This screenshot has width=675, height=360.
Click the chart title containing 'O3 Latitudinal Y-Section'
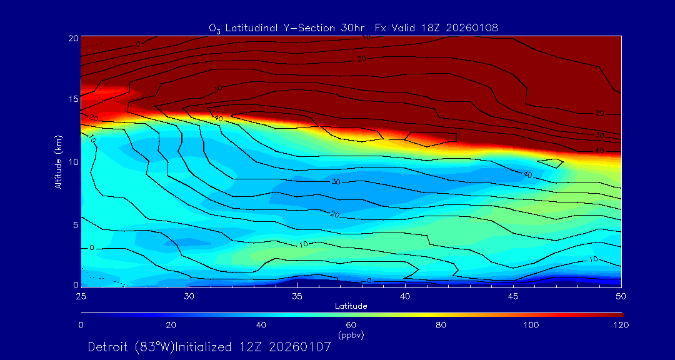tap(353, 27)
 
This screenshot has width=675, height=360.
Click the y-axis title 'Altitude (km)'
tap(58, 161)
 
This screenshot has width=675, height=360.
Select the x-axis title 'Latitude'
tap(351, 306)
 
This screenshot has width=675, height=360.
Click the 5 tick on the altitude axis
tap(74, 224)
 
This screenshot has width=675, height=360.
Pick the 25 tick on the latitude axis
tap(81, 296)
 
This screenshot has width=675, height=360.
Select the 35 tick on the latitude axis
tap(297, 296)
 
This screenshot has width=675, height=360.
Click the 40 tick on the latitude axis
tap(406, 296)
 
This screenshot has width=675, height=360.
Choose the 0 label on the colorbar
tap(81, 325)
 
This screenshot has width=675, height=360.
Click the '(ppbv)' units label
tap(351, 334)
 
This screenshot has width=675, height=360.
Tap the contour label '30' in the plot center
tap(336, 182)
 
